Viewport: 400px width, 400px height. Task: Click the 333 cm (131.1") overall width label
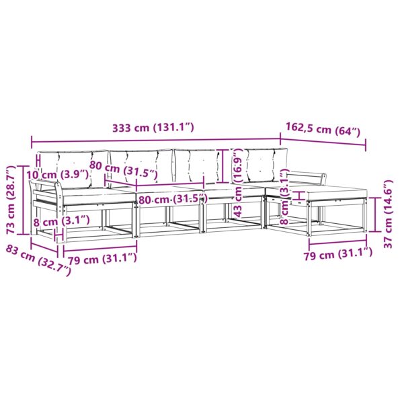tap(153, 127)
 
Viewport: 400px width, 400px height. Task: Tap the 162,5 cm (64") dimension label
tap(323, 130)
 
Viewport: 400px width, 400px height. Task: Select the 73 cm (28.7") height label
tap(11, 200)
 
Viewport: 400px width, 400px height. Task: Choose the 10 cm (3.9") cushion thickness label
tap(58, 175)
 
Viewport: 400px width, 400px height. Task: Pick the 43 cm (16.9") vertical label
tap(238, 183)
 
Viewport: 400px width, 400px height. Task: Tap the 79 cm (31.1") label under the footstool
tap(337, 253)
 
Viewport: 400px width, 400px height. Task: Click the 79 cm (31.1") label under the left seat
tap(102, 259)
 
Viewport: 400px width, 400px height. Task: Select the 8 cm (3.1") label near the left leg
tap(61, 221)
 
